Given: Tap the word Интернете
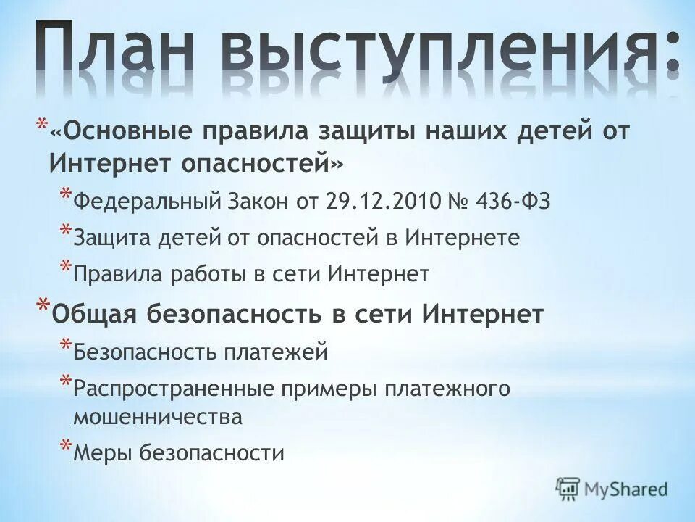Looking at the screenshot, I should (461, 238).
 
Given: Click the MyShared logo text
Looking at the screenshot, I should (624, 488).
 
